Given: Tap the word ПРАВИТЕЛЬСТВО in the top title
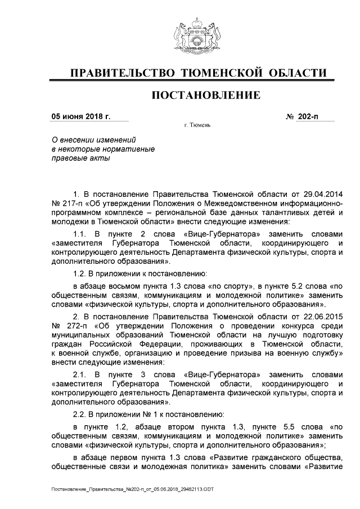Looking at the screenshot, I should [x=119, y=73].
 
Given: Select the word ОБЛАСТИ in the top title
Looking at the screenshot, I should [x=299, y=73].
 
